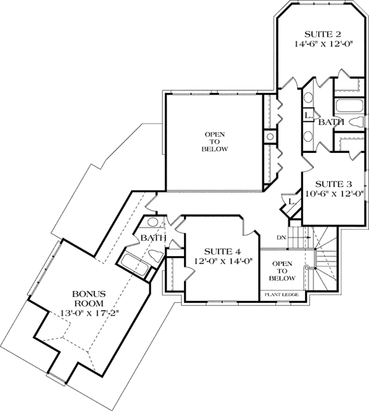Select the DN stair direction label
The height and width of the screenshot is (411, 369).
(x=281, y=237)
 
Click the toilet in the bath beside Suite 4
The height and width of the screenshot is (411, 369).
(x=154, y=254)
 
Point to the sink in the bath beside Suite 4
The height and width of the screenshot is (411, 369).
(x=153, y=223)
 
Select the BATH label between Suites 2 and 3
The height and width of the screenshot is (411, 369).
(x=330, y=123)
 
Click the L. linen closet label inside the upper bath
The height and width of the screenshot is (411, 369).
(x=309, y=114)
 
